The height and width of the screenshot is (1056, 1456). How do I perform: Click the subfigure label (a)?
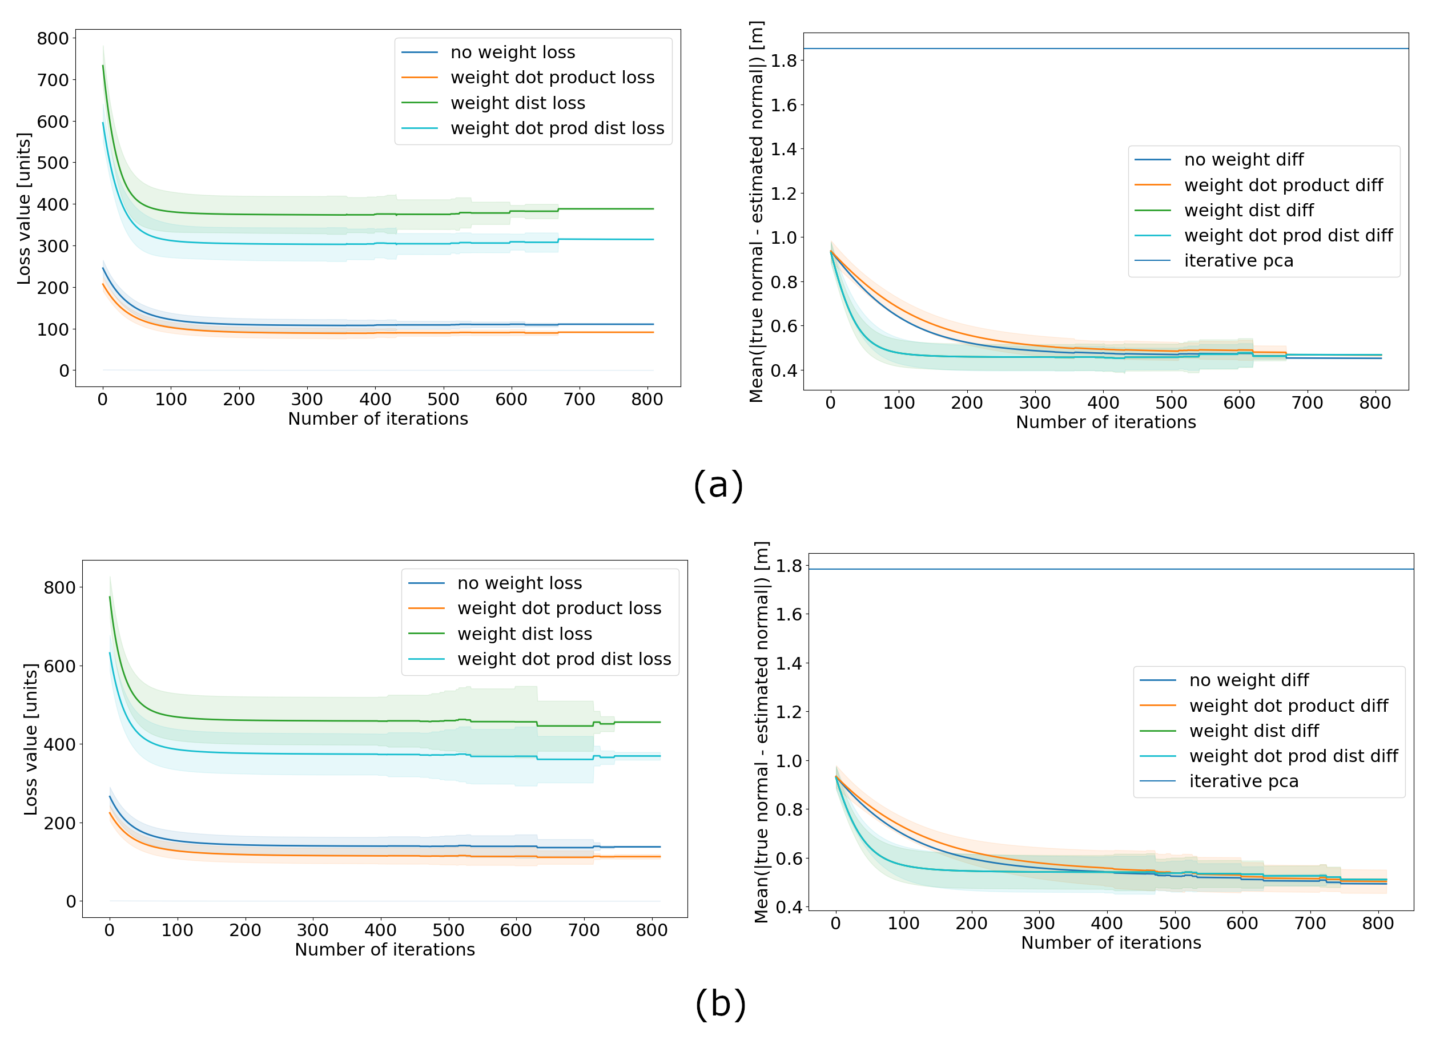pos(718,485)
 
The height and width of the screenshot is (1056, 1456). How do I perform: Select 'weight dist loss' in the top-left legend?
pos(517,103)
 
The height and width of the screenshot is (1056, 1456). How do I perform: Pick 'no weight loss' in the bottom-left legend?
pos(520,583)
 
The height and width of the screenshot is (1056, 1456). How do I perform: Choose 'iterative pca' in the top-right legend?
pos(1238,261)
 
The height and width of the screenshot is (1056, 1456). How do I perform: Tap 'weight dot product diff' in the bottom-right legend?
pos(1289,706)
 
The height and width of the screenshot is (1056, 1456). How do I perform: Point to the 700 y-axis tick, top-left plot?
pos(53,80)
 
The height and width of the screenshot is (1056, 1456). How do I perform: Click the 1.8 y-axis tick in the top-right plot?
pos(783,61)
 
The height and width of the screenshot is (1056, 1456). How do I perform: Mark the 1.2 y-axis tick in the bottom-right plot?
pos(789,712)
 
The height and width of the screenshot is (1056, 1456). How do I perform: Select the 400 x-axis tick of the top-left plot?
pos(375,400)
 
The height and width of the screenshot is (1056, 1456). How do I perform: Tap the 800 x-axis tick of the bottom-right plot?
pos(1378,923)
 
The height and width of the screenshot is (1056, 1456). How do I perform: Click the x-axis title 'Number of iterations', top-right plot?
pos(1105,422)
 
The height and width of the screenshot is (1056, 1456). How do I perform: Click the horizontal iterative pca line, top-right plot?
pos(1105,49)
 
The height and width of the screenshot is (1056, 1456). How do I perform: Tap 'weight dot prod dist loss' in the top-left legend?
pos(557,128)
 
